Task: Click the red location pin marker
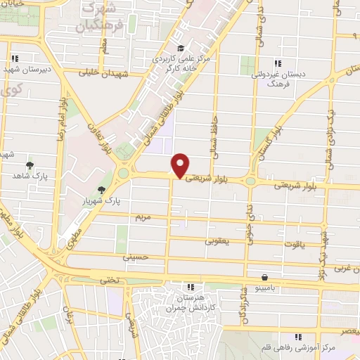tap(181, 164)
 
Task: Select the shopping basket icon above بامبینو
tap(264, 277)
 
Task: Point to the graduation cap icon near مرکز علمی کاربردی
tap(181, 49)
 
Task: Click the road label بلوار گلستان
tap(271, 141)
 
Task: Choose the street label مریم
tap(143, 217)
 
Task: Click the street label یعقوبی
tap(215, 240)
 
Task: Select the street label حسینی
tap(135, 257)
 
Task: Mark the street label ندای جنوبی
tap(250, 218)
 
